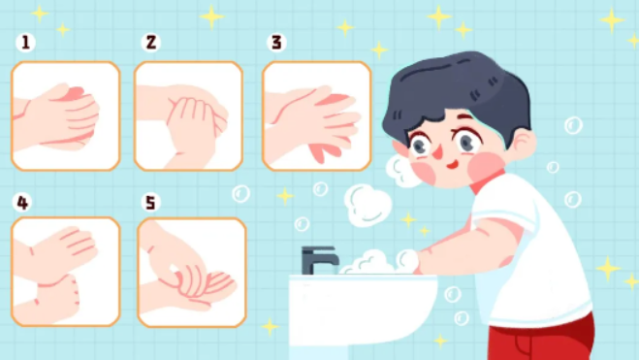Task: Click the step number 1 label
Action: [25, 43]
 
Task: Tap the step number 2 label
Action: [151, 43]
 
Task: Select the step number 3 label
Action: [276, 43]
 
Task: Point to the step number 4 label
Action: [22, 202]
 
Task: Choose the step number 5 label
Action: [151, 202]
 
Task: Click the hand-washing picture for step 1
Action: [66, 115]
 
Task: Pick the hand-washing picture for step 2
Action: [189, 115]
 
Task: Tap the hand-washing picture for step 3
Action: [317, 115]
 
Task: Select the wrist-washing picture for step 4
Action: [66, 272]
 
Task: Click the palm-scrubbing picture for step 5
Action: [192, 273]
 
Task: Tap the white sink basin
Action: [363, 314]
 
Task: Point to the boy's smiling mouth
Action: [453, 164]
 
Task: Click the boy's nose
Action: [437, 151]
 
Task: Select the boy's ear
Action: [523, 143]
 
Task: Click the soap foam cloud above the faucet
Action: [367, 205]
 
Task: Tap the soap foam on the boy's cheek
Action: [401, 170]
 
